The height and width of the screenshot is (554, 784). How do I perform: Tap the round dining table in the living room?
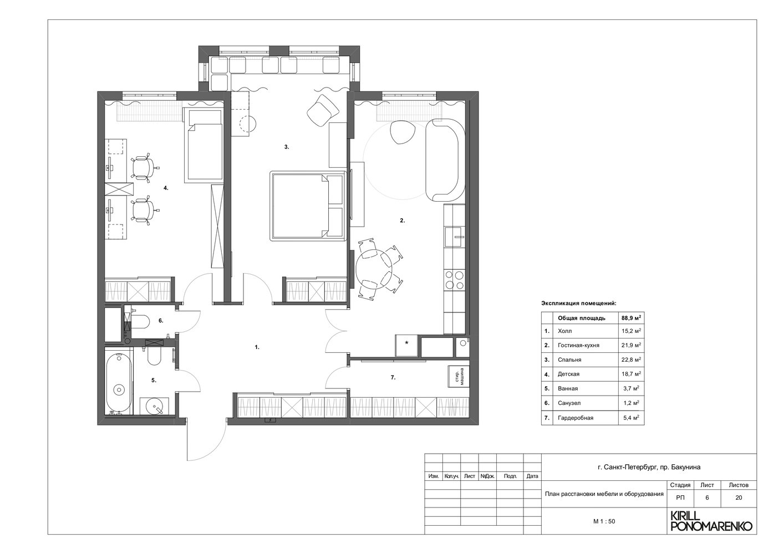374,269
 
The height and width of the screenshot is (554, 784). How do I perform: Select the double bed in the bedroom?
308,206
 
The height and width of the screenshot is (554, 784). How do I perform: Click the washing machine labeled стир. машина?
459,376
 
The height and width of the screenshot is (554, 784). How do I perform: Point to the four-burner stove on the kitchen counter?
455,280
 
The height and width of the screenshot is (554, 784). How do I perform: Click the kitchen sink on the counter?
455,237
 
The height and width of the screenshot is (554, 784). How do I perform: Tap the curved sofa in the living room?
445,160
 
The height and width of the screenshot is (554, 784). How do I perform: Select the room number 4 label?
166,188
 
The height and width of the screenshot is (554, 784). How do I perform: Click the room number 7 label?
393,377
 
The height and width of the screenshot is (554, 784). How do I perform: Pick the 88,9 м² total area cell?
631,318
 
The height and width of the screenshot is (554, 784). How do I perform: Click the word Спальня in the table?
569,360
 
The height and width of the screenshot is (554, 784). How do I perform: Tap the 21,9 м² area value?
631,345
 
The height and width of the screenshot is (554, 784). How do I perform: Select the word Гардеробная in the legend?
576,418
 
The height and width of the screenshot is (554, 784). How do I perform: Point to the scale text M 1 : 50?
604,521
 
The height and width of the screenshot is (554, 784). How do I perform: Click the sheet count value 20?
739,497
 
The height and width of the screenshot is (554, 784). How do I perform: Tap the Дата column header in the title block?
532,476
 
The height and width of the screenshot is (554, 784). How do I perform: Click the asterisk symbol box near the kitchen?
406,345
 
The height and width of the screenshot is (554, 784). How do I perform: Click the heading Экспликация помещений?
579,303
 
